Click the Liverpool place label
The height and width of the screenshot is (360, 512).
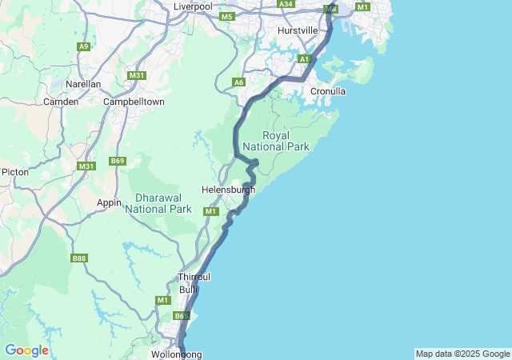[x=193, y=6]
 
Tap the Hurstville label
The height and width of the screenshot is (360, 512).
[x=298, y=30]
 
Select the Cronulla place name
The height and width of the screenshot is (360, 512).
[x=328, y=91]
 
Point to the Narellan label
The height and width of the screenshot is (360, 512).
[x=83, y=84]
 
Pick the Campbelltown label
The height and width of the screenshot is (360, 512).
[x=134, y=102]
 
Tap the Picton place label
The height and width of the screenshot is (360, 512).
[x=15, y=172]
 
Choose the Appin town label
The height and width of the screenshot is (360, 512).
[x=109, y=202]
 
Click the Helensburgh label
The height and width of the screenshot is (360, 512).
[x=228, y=190]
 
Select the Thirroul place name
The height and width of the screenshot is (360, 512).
[x=193, y=277]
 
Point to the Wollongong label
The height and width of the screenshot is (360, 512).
[x=176, y=354]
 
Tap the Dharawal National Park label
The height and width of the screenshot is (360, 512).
[x=158, y=202]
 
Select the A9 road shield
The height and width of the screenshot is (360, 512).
[x=83, y=46]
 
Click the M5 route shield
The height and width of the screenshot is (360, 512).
[x=227, y=17]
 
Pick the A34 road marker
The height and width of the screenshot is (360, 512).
[x=286, y=4]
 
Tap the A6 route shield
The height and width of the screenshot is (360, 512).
[x=238, y=82]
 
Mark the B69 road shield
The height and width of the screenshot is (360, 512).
[x=118, y=161]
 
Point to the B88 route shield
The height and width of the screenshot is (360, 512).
[x=78, y=258]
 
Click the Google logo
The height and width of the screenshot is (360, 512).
[x=26, y=350]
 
